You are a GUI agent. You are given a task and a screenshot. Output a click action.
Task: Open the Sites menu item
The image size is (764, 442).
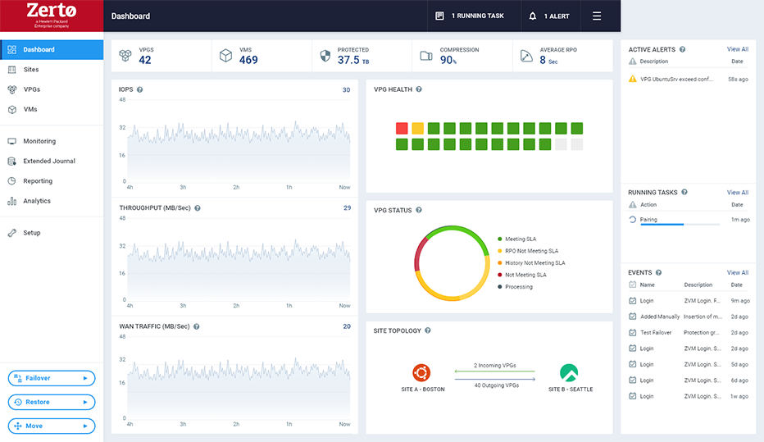(31, 70)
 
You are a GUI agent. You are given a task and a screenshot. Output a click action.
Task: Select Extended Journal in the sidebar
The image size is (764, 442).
(48, 162)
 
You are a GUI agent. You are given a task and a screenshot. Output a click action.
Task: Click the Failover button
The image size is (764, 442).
(51, 378)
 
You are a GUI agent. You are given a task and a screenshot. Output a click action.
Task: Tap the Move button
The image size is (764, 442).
(51, 426)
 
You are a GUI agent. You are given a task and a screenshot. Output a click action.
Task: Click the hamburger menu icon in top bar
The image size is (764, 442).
(597, 16)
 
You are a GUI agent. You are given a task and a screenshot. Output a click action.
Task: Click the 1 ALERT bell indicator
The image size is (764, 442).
(549, 16)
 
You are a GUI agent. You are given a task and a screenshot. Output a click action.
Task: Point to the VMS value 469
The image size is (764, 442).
(248, 60)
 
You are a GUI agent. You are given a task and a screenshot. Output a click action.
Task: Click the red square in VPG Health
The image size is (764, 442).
(402, 129)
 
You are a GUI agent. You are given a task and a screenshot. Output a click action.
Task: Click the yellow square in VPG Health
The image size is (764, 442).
(417, 129)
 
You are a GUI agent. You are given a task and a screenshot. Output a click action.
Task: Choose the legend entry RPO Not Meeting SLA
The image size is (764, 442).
(531, 251)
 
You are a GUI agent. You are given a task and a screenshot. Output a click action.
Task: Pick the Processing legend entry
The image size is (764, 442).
(518, 287)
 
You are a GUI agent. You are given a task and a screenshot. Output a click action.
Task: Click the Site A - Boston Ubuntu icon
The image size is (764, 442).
(421, 373)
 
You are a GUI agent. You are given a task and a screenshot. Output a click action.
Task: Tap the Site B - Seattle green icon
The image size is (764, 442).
(569, 373)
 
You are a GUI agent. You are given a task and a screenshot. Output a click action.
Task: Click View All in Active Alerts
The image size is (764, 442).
(737, 49)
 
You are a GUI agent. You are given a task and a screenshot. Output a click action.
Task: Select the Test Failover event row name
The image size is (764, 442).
(655, 333)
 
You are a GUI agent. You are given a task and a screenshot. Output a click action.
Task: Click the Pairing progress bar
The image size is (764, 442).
(680, 224)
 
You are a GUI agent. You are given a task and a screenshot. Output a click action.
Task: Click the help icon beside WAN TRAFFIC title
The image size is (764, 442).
(197, 326)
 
